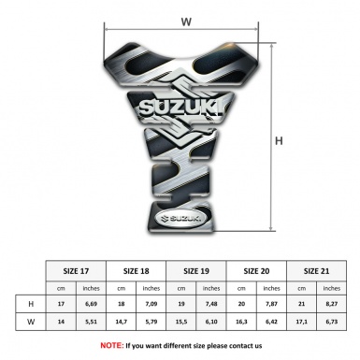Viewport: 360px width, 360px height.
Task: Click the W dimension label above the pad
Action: [185, 21]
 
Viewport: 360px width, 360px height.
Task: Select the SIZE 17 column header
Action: [77, 267]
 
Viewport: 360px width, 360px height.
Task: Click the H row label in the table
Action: [32, 305]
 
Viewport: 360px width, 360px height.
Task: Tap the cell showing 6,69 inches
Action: [92, 305]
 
